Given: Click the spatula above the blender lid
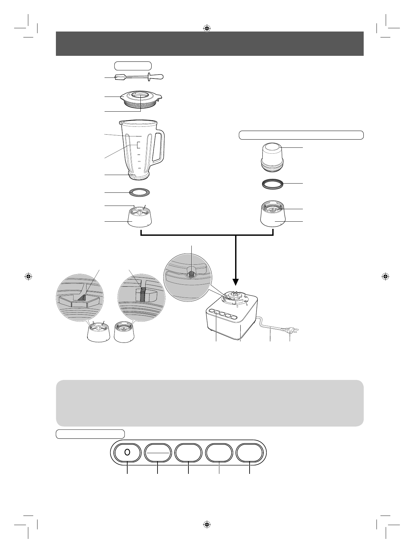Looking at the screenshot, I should click(138, 77).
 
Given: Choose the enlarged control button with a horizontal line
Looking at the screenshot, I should click(158, 453).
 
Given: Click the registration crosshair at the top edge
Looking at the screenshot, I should click(207, 28).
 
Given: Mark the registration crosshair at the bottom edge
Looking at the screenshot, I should click(207, 524).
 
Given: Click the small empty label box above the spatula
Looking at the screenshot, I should click(133, 65).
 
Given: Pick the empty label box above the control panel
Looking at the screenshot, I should click(90, 434).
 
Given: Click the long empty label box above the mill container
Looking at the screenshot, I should click(301, 135).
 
